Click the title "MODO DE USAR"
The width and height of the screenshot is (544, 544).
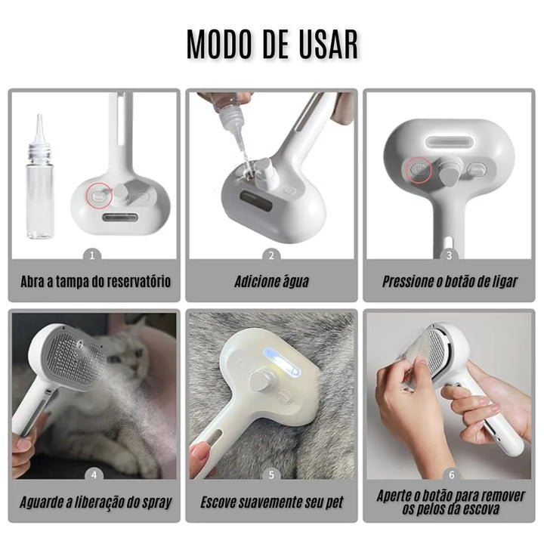pos(272,46)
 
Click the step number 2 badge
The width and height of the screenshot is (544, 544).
pos(272,256)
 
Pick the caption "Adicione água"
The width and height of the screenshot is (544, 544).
pos(271,283)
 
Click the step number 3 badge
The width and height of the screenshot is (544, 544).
pos(449,256)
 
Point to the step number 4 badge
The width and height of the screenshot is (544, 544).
pos(94,475)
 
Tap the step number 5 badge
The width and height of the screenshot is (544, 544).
pos(272,475)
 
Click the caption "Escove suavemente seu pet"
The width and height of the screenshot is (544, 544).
pos(271,502)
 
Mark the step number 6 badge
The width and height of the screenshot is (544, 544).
pos(451,475)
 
